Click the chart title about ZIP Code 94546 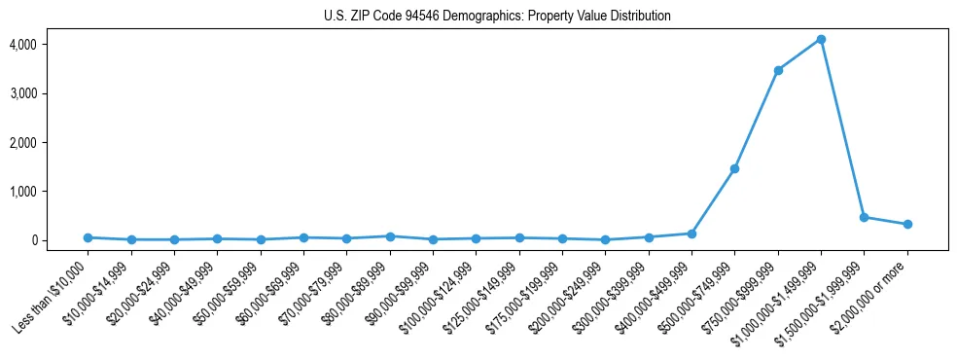tap(497, 17)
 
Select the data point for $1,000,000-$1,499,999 tap(821, 39)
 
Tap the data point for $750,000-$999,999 tap(778, 70)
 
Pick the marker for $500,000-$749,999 tap(734, 168)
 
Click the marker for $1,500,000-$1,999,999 tap(864, 217)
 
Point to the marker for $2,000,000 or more tap(907, 224)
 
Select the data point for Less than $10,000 tap(88, 237)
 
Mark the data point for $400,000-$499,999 tap(691, 234)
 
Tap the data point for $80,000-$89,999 tap(390, 236)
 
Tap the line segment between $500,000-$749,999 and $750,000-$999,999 tap(757, 119)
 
